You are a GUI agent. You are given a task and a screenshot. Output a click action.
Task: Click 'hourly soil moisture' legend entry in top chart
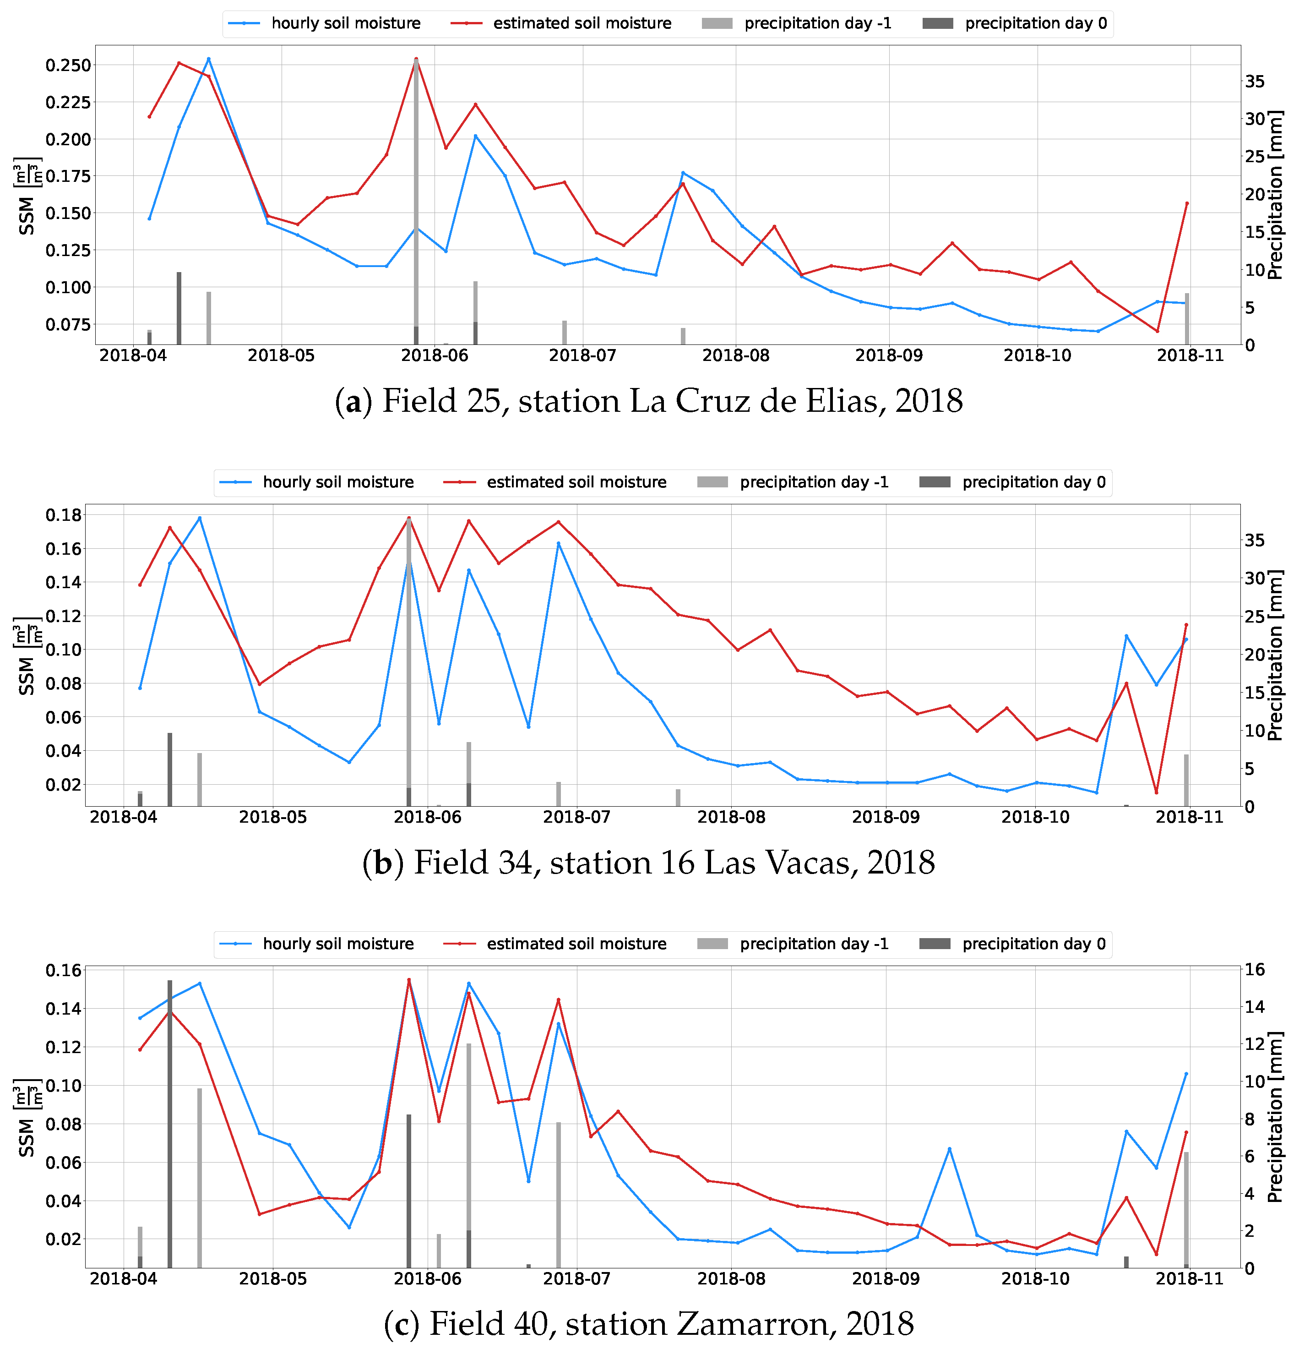pos(345,23)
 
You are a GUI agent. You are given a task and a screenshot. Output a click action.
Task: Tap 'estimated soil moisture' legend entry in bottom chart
pos(576,944)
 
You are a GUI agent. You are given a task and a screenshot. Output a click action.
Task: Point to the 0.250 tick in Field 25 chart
pos(67,66)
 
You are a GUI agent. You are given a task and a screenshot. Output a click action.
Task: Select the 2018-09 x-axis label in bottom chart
pos(886,1279)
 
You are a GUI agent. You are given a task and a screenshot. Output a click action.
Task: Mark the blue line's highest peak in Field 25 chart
pos(208,59)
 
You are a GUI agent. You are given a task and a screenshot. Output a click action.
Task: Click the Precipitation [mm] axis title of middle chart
pos(1275,655)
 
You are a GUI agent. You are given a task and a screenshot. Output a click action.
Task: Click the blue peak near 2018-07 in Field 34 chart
pos(558,543)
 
